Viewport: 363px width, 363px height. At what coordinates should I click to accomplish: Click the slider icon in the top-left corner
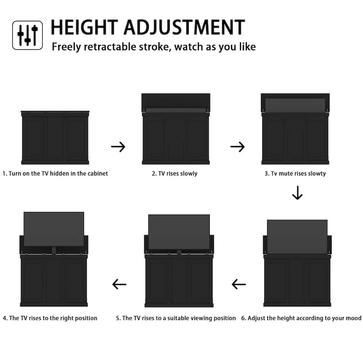27,35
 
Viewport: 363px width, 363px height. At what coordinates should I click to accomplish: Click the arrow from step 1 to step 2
118,147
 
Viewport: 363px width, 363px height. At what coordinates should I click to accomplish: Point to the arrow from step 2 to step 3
237,147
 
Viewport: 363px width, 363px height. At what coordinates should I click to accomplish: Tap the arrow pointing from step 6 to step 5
239,285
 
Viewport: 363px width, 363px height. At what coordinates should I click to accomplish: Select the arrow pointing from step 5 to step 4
119,285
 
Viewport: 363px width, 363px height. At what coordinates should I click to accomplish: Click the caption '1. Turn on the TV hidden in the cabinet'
55,173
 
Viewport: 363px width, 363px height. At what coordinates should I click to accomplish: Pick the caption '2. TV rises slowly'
175,173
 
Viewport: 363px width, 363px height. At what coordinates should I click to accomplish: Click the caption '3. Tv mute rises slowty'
295,173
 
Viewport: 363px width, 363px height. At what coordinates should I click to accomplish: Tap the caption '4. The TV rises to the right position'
50,318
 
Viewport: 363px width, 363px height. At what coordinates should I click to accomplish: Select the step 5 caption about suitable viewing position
176,318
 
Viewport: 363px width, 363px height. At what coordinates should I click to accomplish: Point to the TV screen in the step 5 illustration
179,232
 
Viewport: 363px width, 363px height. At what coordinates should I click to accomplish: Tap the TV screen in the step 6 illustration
297,236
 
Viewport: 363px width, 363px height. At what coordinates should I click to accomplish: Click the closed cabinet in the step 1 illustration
55,137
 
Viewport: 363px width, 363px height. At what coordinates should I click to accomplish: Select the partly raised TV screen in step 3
295,105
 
